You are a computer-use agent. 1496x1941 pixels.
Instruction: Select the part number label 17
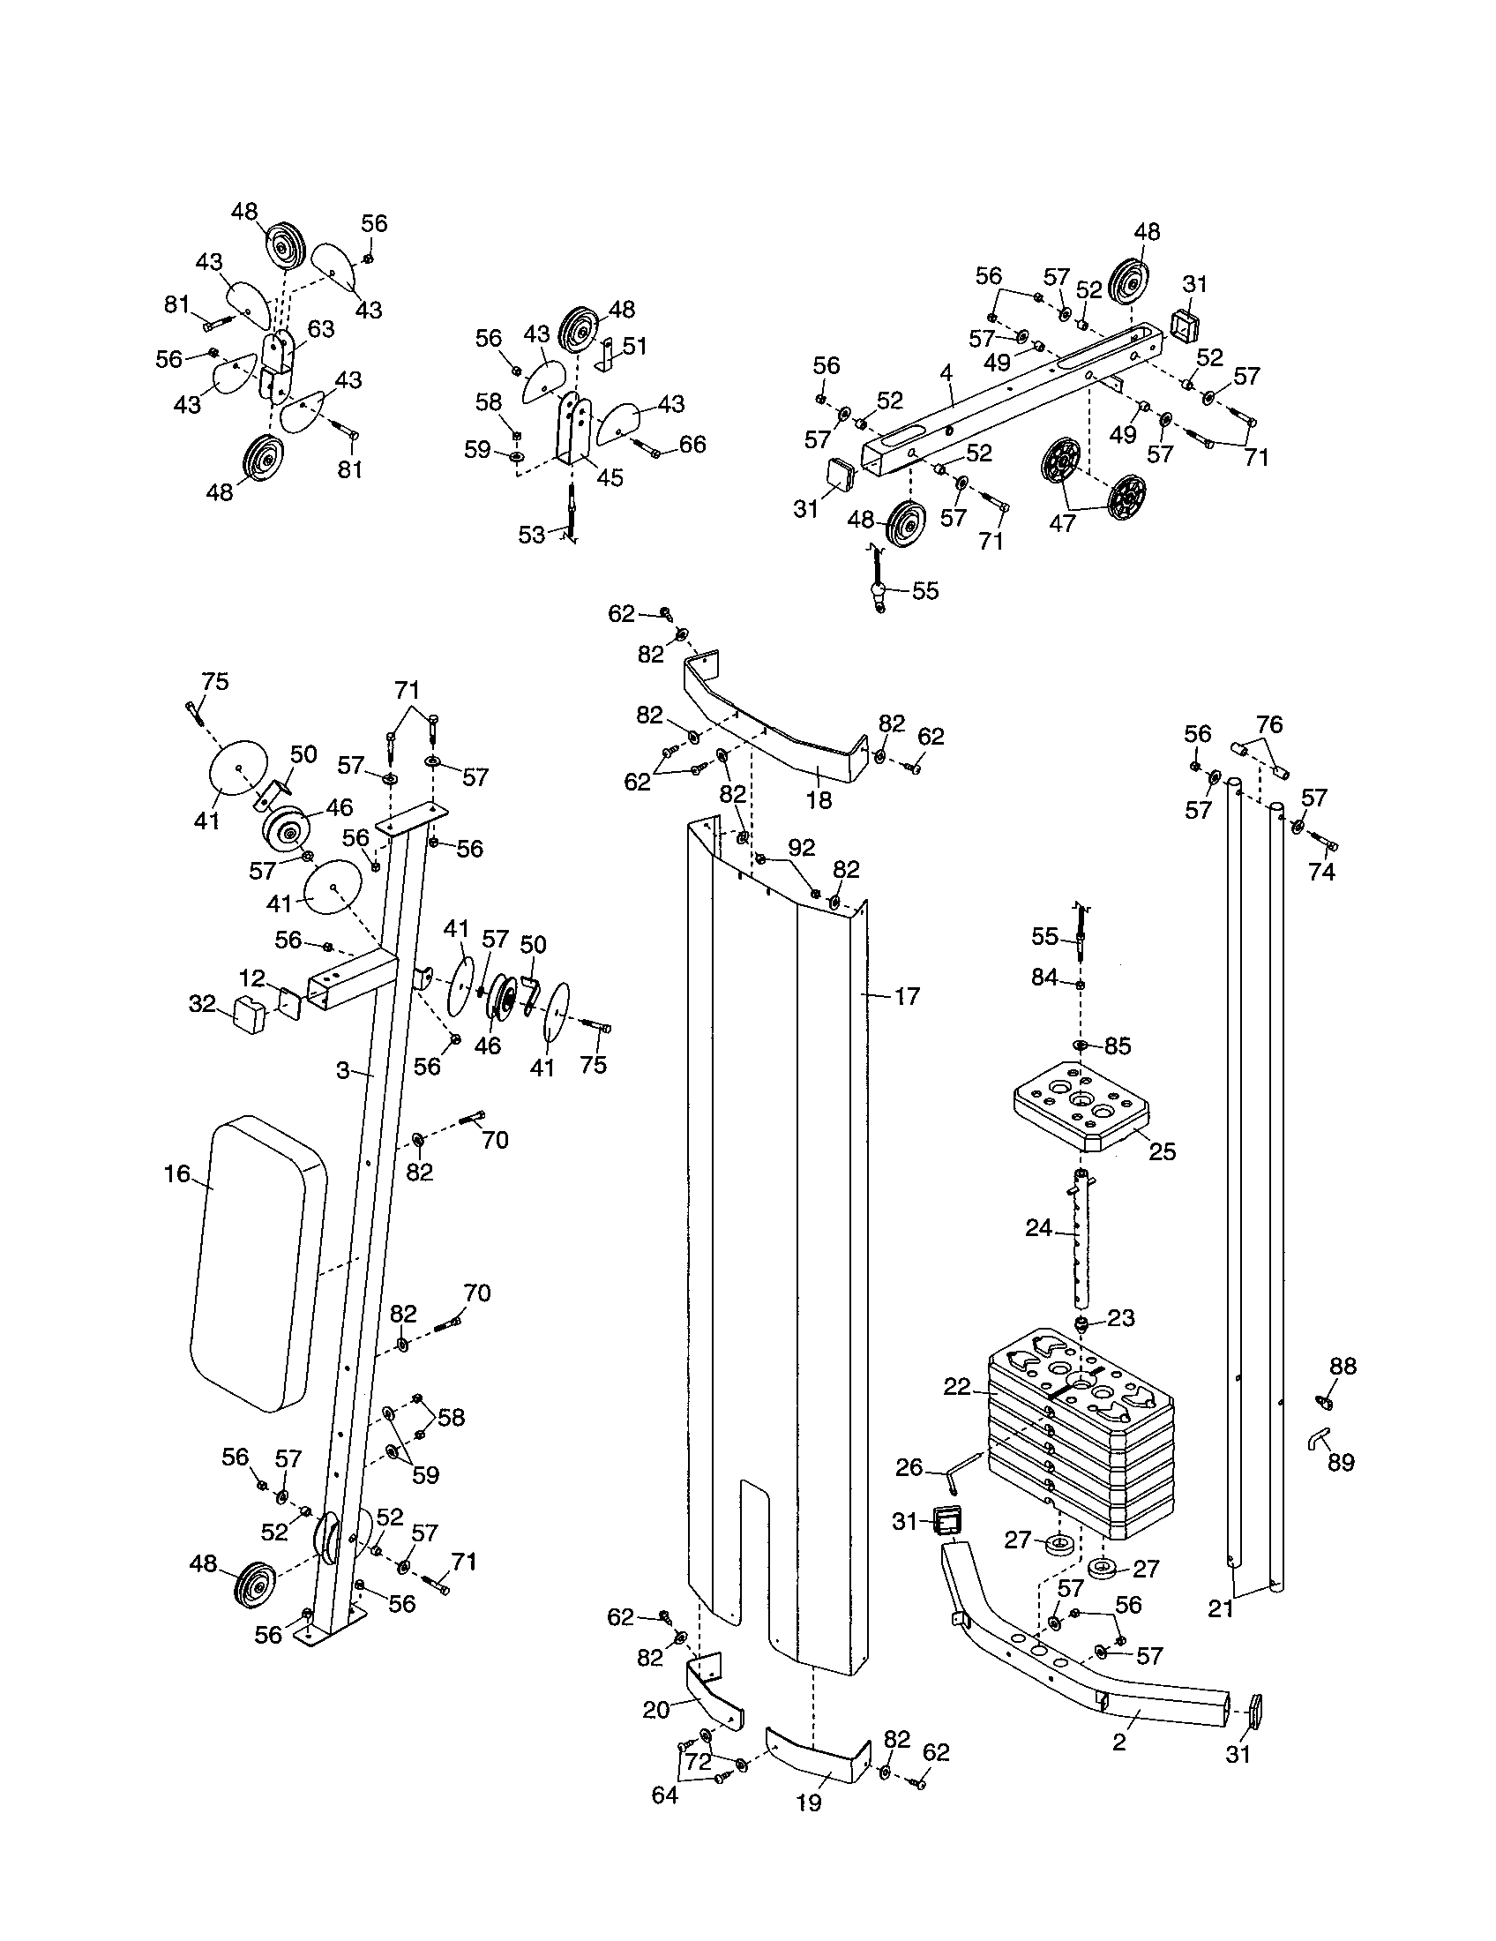click(907, 996)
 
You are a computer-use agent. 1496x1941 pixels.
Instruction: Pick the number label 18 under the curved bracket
click(819, 800)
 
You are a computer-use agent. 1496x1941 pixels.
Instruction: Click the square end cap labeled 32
click(251, 1015)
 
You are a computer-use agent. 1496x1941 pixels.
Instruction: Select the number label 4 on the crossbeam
click(947, 373)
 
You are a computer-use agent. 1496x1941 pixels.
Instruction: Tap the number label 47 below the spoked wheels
click(1063, 522)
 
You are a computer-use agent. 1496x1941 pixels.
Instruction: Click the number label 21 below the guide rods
click(1221, 1607)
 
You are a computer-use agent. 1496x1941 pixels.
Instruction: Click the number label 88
click(1343, 1367)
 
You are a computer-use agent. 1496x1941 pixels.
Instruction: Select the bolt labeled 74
click(1325, 843)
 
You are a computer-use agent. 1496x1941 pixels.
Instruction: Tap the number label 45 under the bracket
click(610, 477)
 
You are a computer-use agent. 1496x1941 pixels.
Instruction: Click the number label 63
click(321, 329)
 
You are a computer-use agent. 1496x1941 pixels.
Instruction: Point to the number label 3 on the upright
click(343, 1071)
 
